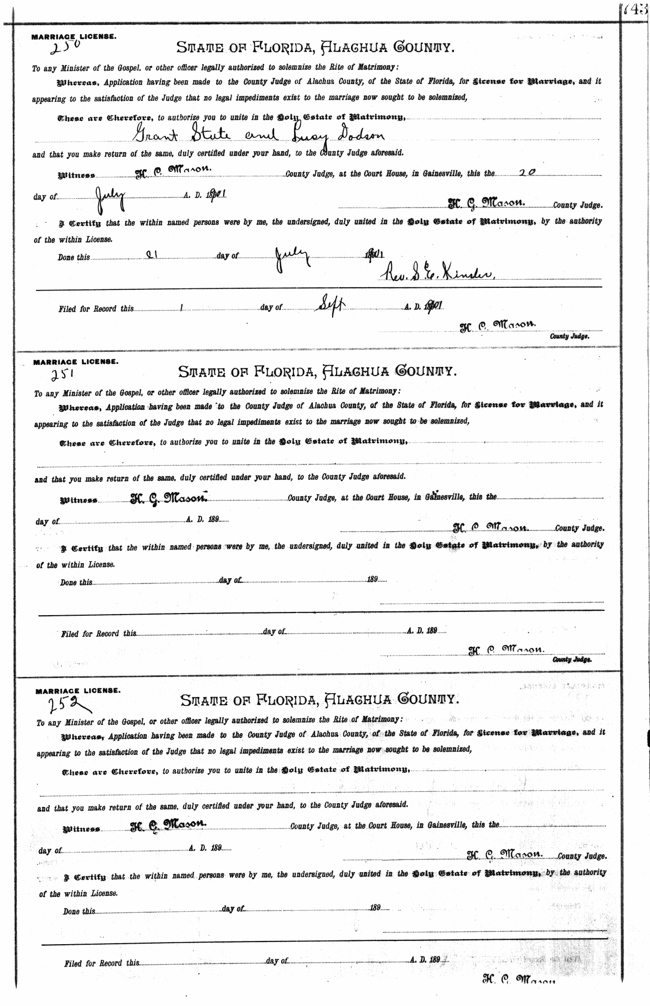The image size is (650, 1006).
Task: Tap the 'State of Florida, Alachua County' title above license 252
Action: [x=320, y=699]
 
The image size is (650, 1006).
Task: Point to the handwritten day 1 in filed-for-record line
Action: [x=182, y=308]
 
